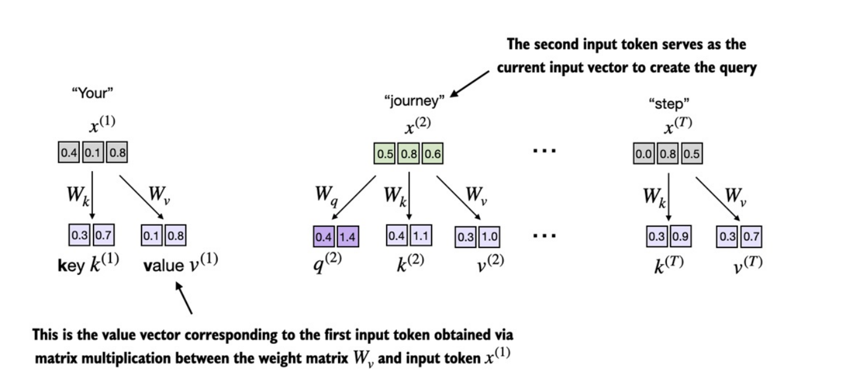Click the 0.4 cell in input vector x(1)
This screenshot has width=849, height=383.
pos(69,153)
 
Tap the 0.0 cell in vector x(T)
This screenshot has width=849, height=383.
pos(645,153)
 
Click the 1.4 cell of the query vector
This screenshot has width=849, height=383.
pos(348,237)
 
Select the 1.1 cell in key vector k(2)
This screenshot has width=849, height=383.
pos(421,236)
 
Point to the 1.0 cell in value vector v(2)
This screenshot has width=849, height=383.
pos(489,237)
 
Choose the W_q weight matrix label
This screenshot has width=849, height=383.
pos(326,195)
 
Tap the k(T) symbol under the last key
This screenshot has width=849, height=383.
pos(667,265)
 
